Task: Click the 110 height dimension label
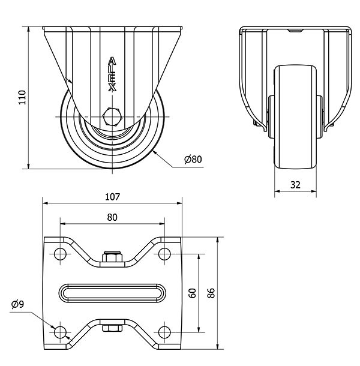22,97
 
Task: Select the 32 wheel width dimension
295,185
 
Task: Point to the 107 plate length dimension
112,196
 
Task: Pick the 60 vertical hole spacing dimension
192,293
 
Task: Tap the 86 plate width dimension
211,293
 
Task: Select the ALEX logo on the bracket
112,74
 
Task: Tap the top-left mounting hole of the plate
59,254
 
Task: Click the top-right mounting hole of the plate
164,254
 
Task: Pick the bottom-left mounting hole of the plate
59,332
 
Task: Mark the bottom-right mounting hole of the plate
164,332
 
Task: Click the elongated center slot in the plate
112,293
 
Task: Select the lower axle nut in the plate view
112,328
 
